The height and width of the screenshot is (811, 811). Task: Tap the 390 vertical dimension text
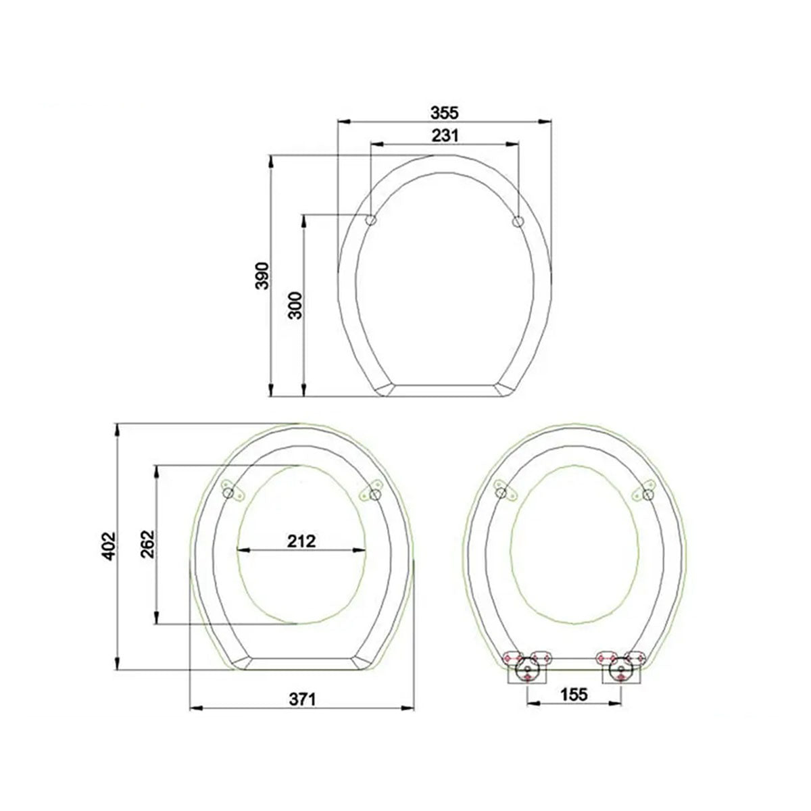click(x=262, y=275)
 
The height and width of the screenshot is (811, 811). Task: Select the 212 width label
click(x=301, y=541)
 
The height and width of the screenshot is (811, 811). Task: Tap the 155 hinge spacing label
click(x=574, y=713)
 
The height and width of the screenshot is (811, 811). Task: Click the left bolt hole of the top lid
click(x=371, y=220)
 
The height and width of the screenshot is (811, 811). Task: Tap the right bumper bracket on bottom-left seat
click(x=372, y=491)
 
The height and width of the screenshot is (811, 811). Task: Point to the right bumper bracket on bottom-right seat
click(x=645, y=489)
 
